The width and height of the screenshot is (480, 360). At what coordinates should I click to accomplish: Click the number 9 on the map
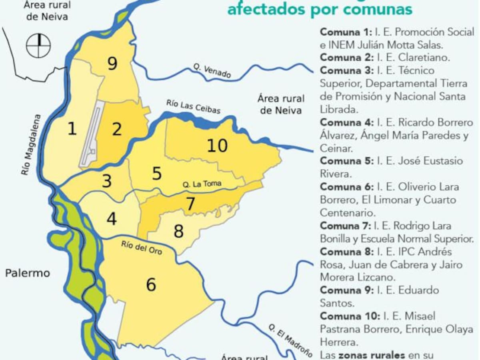tap(112, 63)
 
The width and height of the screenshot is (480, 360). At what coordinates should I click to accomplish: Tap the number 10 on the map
tap(217, 146)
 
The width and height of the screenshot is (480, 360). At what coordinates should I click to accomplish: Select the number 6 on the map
tap(151, 284)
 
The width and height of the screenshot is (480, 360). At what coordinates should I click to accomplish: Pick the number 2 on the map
tap(116, 129)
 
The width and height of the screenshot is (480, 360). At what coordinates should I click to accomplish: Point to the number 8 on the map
tap(178, 231)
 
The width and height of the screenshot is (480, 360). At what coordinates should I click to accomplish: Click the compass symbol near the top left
tap(38, 45)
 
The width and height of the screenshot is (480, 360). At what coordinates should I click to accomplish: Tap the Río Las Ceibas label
tap(193, 107)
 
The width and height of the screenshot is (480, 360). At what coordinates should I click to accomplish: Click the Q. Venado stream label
tap(212, 71)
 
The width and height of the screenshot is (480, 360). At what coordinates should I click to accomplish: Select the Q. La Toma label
tap(202, 184)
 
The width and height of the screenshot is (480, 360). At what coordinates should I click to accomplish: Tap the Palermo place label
tap(28, 273)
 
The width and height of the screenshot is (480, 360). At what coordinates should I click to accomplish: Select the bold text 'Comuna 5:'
tap(346, 161)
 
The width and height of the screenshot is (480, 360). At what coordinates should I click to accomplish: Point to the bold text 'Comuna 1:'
tap(346, 32)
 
